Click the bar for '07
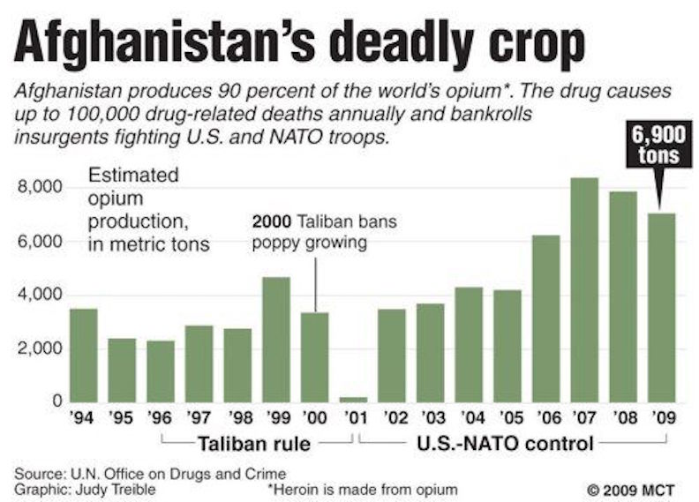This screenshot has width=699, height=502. [x=584, y=290]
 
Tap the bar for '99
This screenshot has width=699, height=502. [x=277, y=340]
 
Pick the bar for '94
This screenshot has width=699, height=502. [x=84, y=356]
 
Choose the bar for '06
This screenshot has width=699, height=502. [x=545, y=318]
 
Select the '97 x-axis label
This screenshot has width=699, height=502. [x=199, y=417]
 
